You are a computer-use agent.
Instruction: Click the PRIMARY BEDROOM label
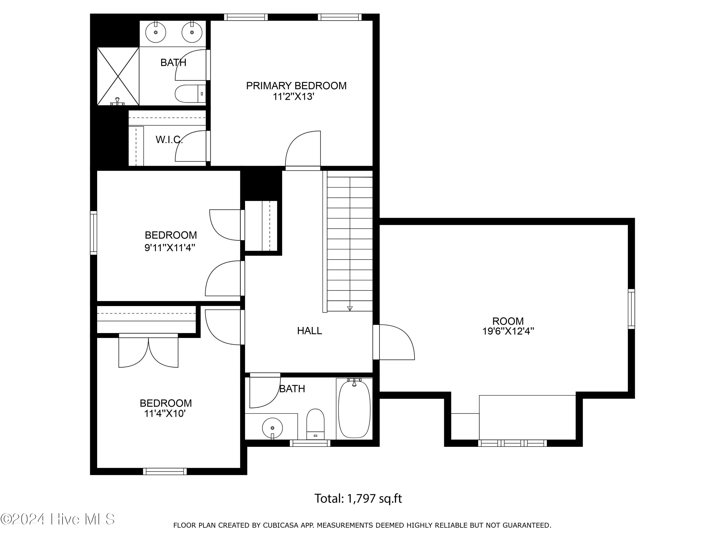(x=296, y=86)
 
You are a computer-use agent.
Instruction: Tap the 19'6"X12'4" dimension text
(x=508, y=331)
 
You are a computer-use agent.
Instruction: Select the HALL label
(x=309, y=331)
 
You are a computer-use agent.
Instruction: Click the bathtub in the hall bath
(x=354, y=408)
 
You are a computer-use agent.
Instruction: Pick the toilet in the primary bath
(x=190, y=94)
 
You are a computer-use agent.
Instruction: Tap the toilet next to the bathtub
(x=315, y=424)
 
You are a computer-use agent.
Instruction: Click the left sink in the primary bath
(x=156, y=32)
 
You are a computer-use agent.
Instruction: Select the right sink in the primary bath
(x=192, y=32)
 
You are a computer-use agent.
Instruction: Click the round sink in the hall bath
(x=272, y=428)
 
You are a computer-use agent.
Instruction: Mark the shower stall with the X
(x=118, y=76)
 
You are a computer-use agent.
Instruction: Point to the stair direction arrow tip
(x=350, y=310)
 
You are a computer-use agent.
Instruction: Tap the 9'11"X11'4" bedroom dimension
(x=170, y=248)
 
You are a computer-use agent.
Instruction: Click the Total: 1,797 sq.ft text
(x=358, y=498)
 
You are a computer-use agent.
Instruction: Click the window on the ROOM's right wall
(x=631, y=309)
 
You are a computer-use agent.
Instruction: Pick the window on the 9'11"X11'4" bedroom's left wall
(x=94, y=233)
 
